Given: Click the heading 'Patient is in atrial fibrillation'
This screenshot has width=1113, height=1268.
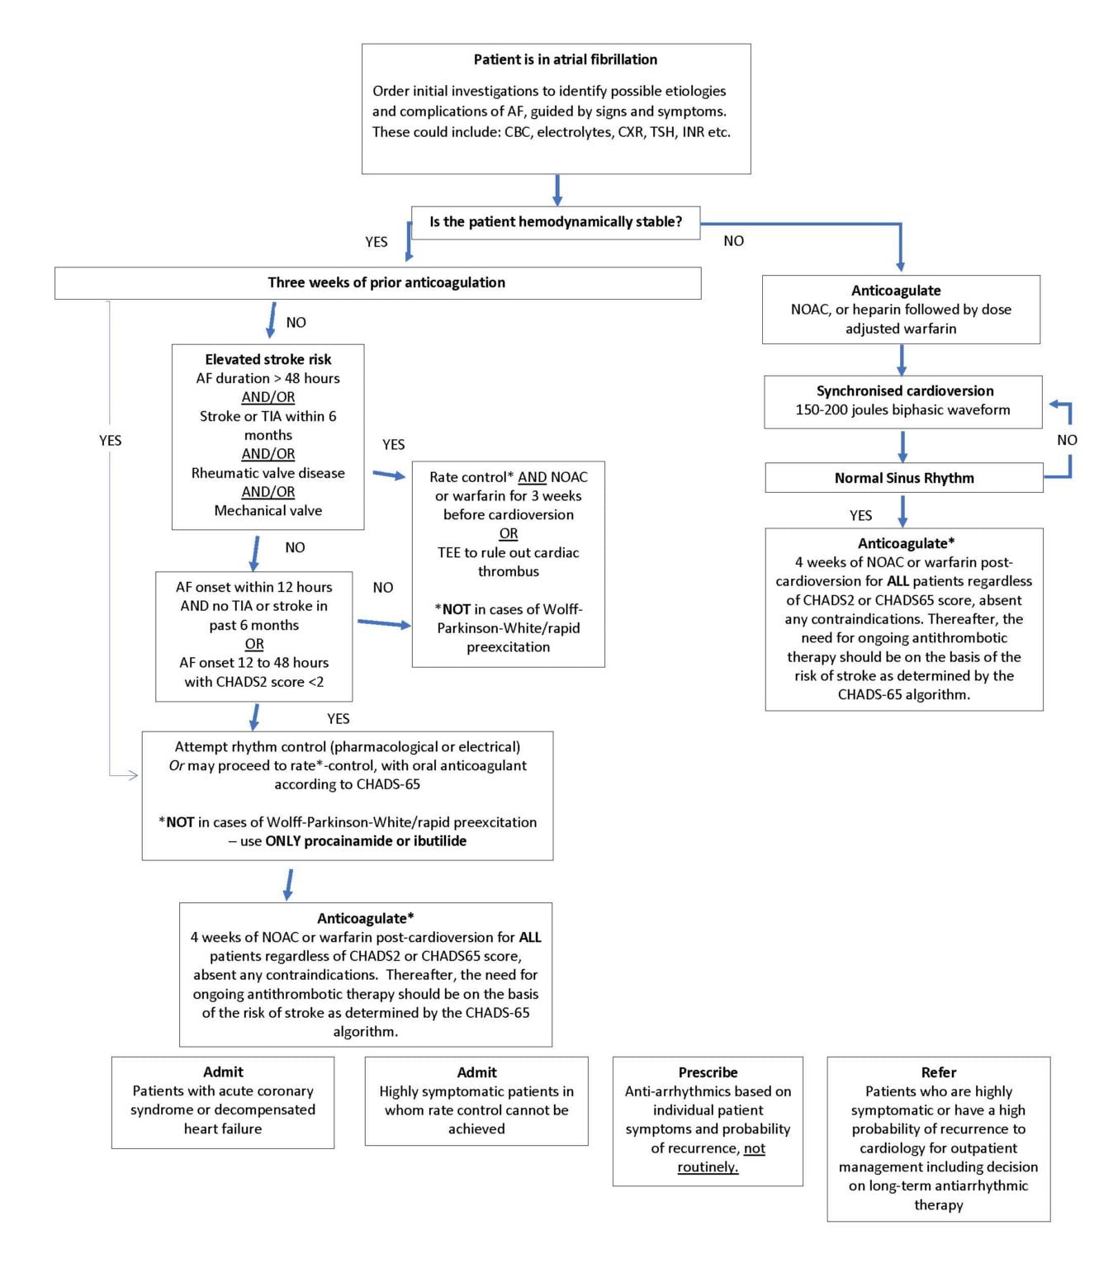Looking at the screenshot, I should pos(565,59).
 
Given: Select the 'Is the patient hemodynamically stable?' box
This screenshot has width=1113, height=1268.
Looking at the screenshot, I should pos(556,222).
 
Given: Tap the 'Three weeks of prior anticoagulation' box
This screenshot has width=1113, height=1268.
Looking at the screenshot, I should pos(386,282).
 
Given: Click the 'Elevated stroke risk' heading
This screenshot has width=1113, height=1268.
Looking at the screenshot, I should pos(268,359).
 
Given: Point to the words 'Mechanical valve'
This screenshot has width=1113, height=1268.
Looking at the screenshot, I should pos(268,510).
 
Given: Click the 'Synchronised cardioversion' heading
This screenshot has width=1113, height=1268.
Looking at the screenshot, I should pos(904,390).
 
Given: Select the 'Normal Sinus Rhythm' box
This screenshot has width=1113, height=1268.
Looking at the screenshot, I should pos(903,478).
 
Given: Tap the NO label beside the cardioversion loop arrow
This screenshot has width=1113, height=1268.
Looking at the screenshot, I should pos(1067,440).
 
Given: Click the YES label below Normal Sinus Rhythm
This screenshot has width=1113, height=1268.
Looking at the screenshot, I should pos(860,515).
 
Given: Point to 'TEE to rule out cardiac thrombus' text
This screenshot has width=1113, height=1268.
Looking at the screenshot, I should pos(508,561).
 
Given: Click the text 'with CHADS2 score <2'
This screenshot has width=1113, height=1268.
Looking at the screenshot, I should pos(253,682).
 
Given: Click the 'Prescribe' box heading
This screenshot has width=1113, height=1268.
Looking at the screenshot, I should pos(708,1072).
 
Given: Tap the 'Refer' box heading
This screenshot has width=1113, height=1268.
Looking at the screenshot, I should pos(938,1072).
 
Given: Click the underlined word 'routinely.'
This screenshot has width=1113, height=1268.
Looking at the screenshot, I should pos(708,1167).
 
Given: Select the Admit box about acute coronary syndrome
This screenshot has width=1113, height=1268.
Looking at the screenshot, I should pos(222,1102).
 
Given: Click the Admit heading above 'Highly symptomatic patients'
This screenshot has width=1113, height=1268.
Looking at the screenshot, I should pos(476,1072).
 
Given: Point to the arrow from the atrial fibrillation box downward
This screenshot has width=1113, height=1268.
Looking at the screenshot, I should pos(557,190).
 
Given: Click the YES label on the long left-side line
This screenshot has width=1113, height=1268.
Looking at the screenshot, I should pos(110,441).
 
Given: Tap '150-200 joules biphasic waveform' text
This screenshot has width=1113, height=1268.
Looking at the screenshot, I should pos(902,409).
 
